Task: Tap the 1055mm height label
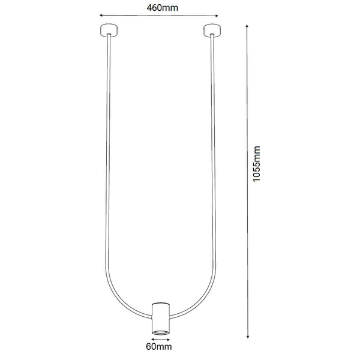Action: pos(257,163)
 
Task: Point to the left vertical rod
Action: pos(107,150)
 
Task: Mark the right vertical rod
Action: pos(213,150)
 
